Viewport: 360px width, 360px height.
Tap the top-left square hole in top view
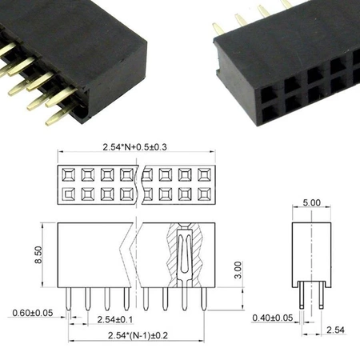point(67,174)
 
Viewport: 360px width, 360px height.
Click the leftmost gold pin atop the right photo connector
point(217,28)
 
